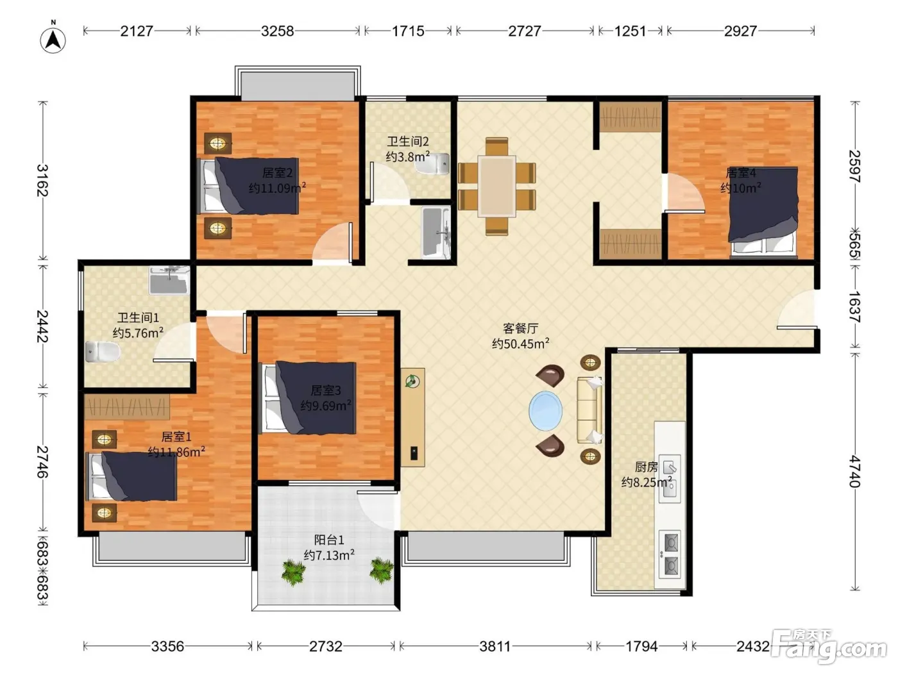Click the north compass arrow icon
[x=53, y=40]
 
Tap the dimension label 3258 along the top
[x=277, y=31]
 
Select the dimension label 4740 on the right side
[x=854, y=472]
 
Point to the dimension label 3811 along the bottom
[x=495, y=646]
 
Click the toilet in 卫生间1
[x=102, y=351]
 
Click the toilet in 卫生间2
[x=434, y=164]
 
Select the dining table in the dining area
[x=496, y=187]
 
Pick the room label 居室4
[x=741, y=173]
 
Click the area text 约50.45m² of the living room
[x=520, y=344]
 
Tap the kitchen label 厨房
[x=647, y=467]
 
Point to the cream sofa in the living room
[x=589, y=410]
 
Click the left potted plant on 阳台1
[x=293, y=572]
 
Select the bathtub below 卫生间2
[x=436, y=233]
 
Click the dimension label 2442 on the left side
[x=42, y=326]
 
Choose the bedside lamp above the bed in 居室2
[x=217, y=143]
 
